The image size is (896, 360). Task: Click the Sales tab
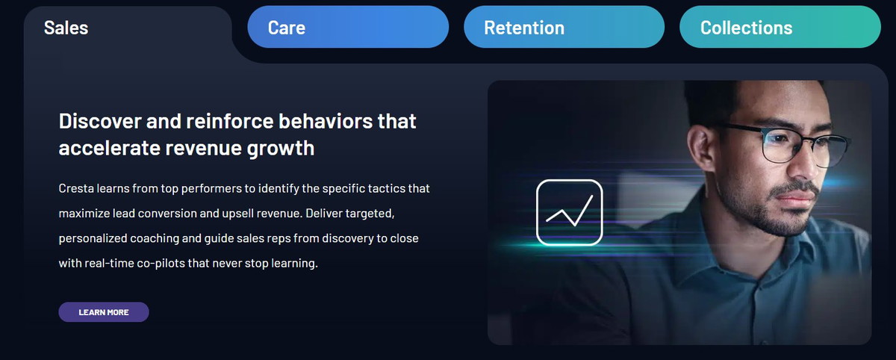tap(66, 28)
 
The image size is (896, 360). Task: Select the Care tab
tap(348, 27)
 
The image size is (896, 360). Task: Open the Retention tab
tap(564, 27)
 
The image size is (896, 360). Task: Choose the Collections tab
tap(780, 27)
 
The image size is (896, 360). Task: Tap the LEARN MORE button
tap(104, 312)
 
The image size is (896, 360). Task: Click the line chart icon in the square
tap(570, 212)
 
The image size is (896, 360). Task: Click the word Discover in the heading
tap(100, 121)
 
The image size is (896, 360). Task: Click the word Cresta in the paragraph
tap(76, 188)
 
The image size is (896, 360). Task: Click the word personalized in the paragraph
tap(93, 239)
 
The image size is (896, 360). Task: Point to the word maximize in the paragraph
tap(84, 214)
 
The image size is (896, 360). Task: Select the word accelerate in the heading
tap(109, 149)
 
